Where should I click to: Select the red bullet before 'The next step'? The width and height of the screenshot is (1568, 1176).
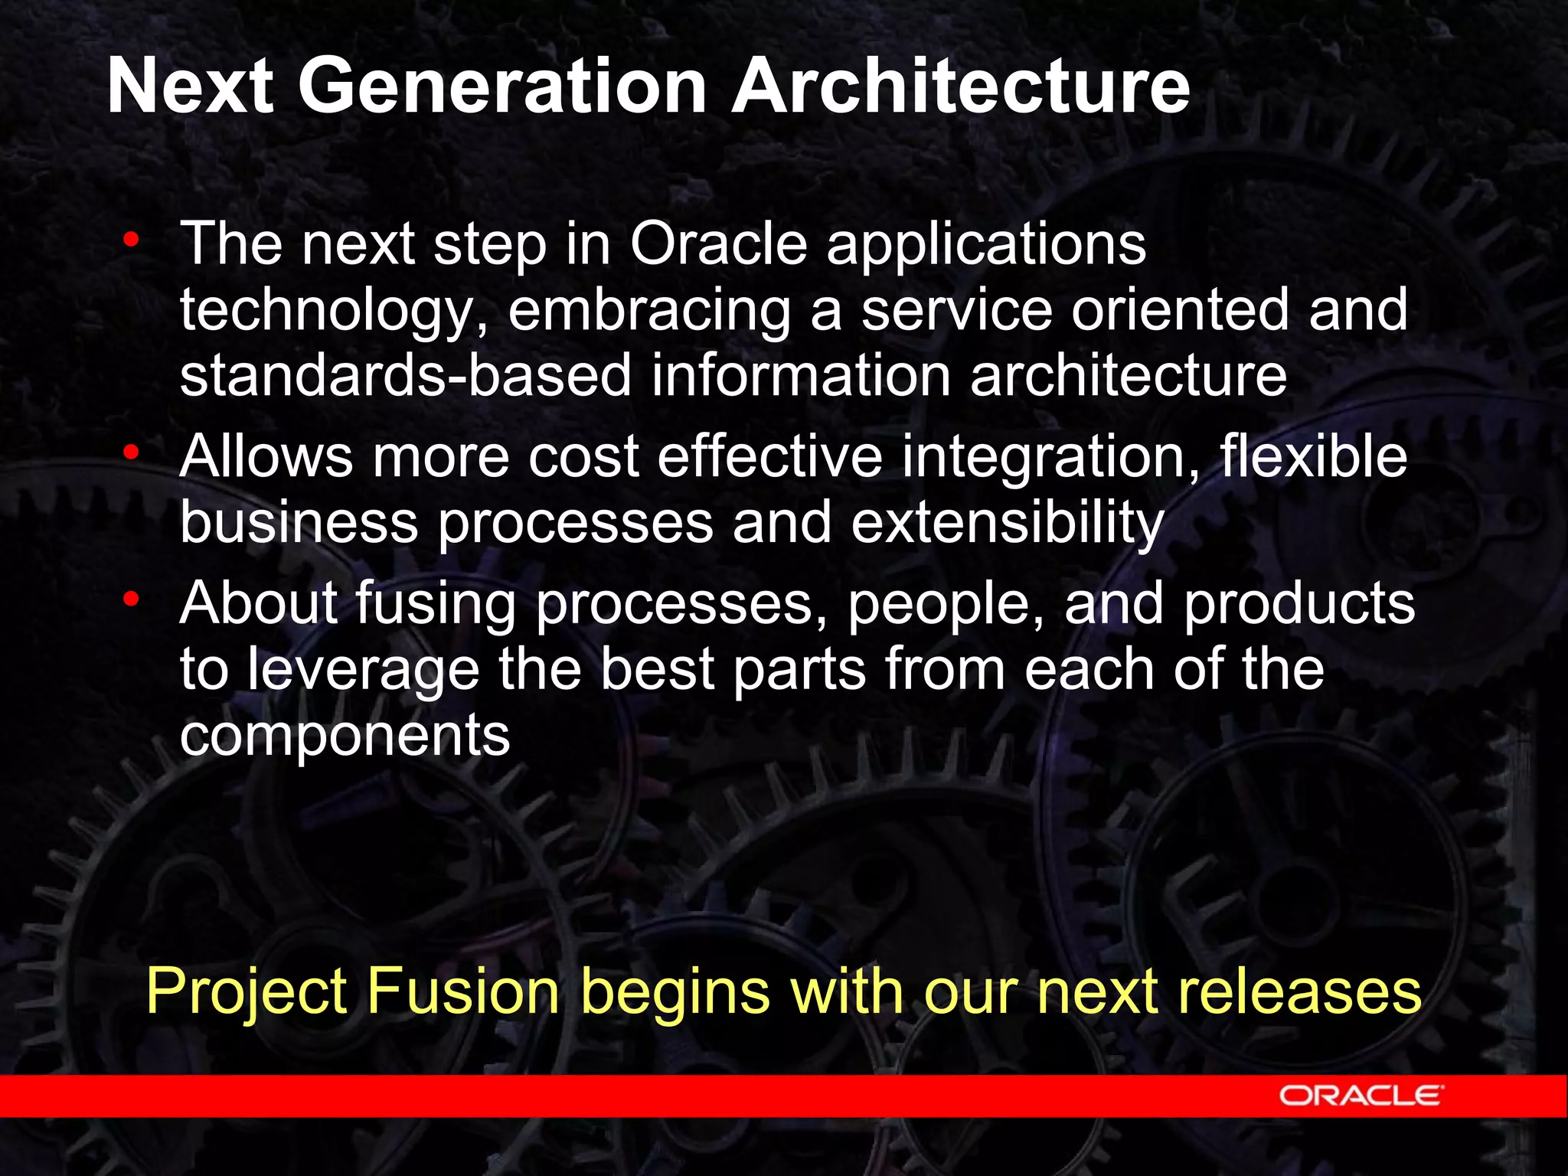click(132, 240)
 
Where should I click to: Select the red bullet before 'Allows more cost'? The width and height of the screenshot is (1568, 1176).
click(132, 453)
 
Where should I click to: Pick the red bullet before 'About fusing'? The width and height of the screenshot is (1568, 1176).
click(132, 600)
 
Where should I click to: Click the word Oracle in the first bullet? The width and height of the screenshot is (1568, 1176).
click(718, 243)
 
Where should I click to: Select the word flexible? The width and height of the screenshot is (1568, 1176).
click(1313, 457)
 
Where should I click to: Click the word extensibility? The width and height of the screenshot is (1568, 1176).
click(1008, 523)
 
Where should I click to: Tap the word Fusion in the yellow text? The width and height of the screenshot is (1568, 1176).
click(463, 991)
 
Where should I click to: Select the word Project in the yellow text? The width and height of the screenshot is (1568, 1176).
click(247, 992)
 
